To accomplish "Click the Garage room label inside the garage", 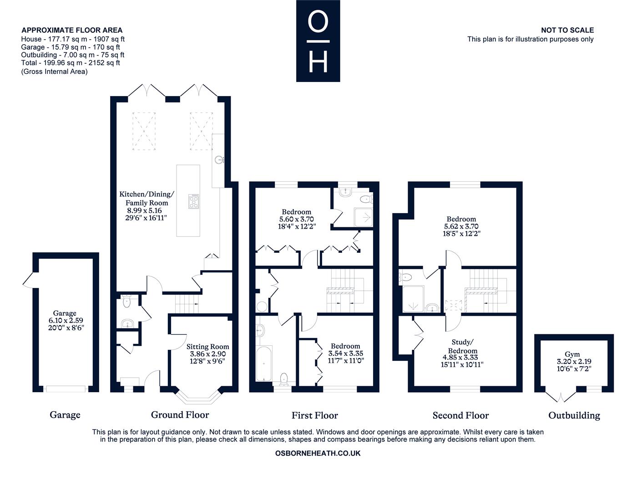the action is (x=65, y=313).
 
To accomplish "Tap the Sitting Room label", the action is (x=208, y=347).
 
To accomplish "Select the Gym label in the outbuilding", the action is (x=572, y=354).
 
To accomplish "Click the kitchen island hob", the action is (x=194, y=201).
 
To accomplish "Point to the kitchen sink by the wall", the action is (x=219, y=160).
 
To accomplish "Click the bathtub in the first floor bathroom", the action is (x=264, y=363).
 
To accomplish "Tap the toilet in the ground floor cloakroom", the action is (x=126, y=302).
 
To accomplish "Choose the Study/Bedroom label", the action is (x=463, y=346).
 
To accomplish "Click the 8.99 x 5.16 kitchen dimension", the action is (x=144, y=210).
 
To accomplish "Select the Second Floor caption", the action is (x=461, y=415).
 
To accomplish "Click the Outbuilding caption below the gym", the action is (x=574, y=415).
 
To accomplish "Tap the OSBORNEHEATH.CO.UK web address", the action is (x=318, y=453).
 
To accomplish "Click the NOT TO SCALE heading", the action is (x=567, y=30).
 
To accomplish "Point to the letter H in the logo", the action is (x=318, y=62).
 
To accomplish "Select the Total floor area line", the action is (x=71, y=63).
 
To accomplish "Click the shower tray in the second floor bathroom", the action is (x=413, y=298).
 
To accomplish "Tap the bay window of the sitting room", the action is (x=198, y=397).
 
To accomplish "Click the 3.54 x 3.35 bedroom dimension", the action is (x=346, y=354).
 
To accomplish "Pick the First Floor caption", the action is (x=315, y=415).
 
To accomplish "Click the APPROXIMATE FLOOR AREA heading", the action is (x=72, y=30).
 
